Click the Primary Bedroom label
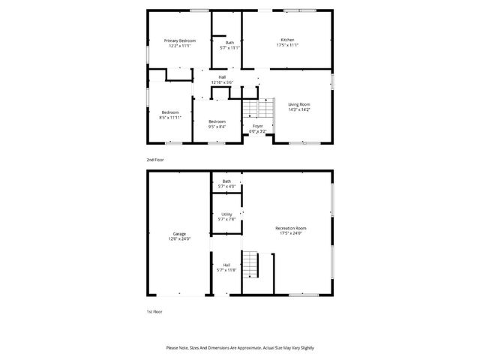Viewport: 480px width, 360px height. [180, 40]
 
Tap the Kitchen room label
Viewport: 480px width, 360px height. [287, 40]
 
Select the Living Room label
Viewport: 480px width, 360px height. [299, 104]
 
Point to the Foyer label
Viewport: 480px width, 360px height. [257, 126]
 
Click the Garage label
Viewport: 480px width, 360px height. [179, 234]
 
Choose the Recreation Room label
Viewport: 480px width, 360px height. [291, 228]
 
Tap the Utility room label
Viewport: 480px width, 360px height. [226, 214]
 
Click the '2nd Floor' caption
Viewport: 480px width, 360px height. [154, 160]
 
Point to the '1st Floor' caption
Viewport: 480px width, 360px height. [154, 310]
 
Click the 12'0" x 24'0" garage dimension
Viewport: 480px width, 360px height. [179, 239]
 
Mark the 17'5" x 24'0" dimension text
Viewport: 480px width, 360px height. [291, 233]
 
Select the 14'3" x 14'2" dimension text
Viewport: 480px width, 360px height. [299, 109]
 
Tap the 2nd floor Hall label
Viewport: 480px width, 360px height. [222, 77]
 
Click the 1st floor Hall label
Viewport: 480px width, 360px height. [226, 264]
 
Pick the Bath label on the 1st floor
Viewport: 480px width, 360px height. [226, 181]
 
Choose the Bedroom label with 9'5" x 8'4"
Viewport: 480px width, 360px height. [217, 121]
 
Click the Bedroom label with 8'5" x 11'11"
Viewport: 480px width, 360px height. [170, 112]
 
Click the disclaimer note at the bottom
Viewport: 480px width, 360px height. [240, 348]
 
